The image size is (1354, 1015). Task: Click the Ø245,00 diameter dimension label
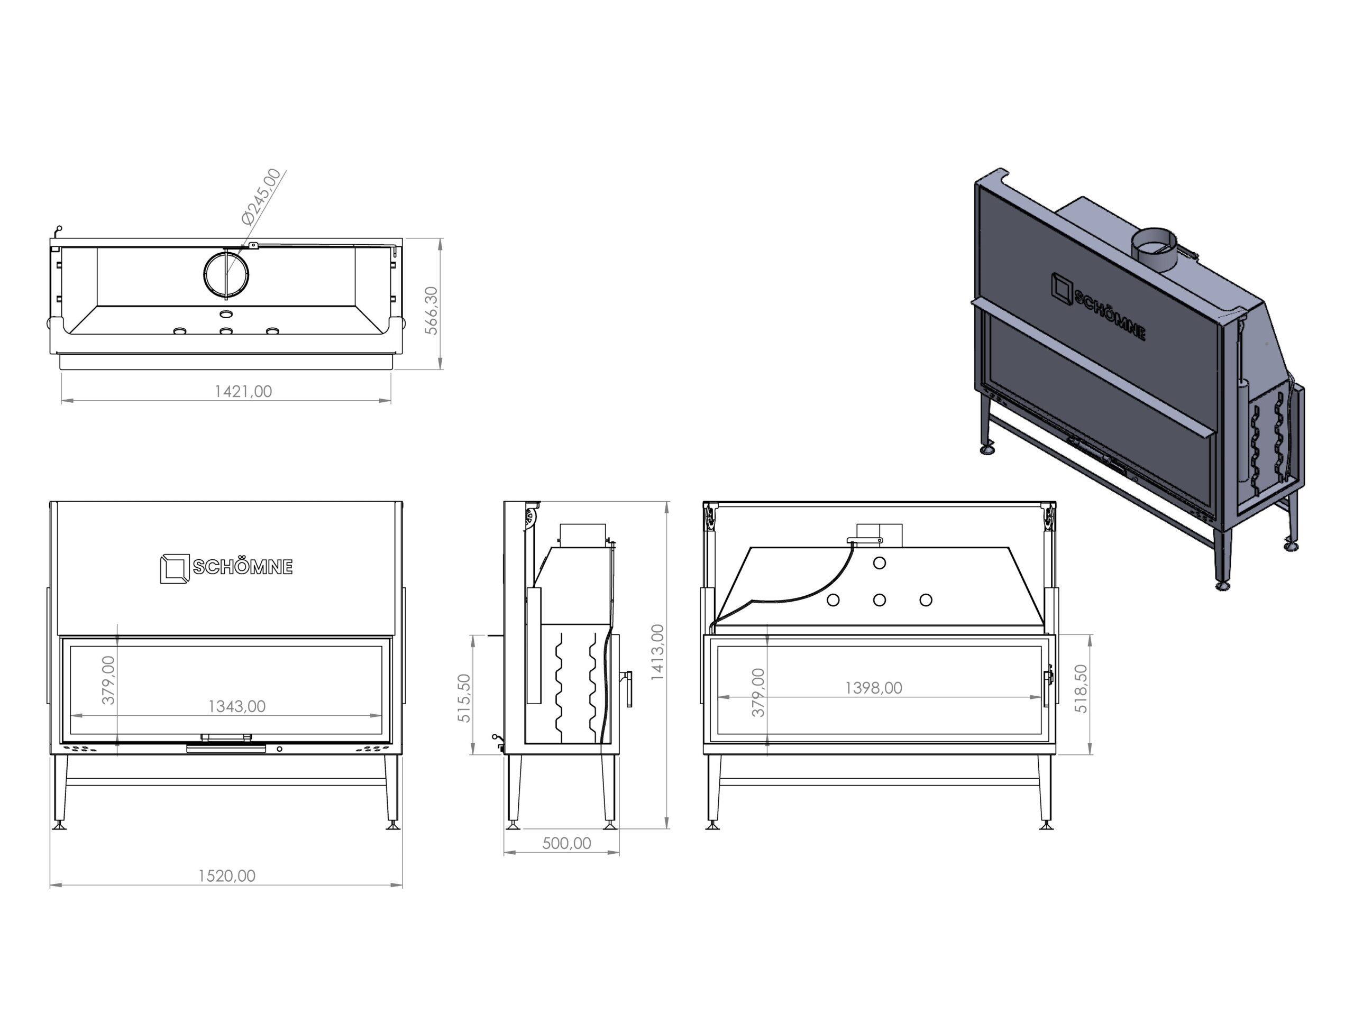(x=262, y=197)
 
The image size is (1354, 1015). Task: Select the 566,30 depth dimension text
(x=432, y=311)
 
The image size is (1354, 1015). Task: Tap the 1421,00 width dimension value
(x=243, y=392)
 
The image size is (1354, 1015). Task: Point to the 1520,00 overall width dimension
(x=226, y=876)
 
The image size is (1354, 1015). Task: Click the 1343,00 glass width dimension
(x=237, y=707)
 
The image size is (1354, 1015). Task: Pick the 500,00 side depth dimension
(x=567, y=844)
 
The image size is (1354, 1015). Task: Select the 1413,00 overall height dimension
(x=657, y=652)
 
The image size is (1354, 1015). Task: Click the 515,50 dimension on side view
(x=464, y=698)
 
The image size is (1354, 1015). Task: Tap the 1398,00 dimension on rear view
(x=874, y=688)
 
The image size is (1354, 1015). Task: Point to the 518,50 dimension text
(x=1081, y=689)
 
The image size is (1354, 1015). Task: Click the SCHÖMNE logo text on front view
(x=243, y=567)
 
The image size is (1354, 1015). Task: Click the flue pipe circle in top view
(x=226, y=273)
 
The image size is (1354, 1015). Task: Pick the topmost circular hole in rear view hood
(x=880, y=563)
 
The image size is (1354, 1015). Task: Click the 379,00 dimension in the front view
(x=108, y=680)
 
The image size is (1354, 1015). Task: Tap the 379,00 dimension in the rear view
(x=758, y=693)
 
